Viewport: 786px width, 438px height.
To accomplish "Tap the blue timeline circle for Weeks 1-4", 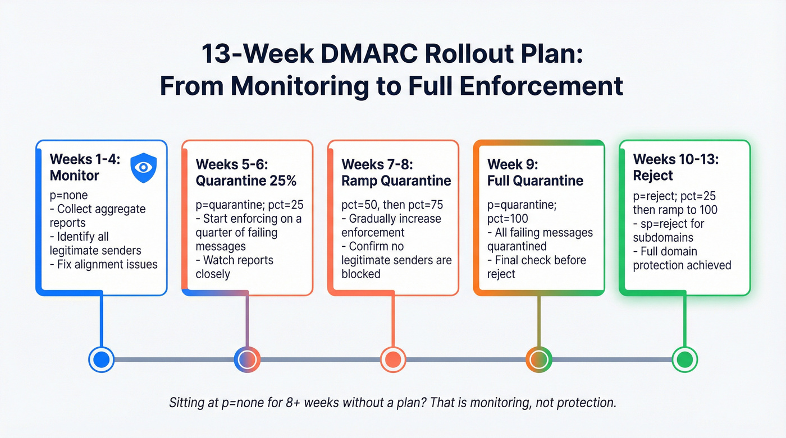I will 102,359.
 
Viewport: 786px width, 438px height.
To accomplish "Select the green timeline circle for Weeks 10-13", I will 685,359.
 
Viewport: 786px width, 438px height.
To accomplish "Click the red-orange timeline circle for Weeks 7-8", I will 393,359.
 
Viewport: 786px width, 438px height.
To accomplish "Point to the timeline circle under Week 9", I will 539,359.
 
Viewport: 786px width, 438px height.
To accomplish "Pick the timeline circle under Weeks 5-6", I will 247,359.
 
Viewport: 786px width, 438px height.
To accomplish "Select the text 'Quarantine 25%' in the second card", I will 246,181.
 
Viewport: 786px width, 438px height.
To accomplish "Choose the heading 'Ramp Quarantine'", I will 396,181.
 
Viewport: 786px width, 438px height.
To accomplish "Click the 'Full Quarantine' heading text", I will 535,181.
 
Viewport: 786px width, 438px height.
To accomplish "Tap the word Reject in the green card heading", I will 652,175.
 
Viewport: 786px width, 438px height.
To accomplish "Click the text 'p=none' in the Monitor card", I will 68,195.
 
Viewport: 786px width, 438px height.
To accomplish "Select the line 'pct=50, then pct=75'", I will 389,205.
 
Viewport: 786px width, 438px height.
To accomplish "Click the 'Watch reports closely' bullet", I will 235,267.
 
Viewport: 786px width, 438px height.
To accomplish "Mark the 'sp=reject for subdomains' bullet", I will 668,230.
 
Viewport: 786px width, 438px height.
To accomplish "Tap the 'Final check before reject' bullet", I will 536,267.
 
